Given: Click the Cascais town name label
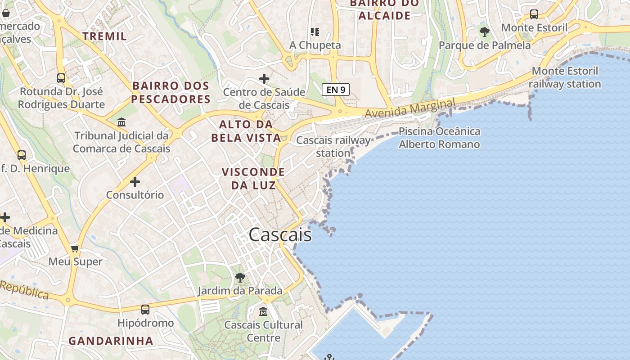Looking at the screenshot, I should [x=280, y=234].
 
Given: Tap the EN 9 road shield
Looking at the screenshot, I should [x=336, y=90].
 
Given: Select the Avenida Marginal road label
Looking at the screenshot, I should [x=409, y=109].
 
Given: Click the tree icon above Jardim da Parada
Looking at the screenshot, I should [x=240, y=277].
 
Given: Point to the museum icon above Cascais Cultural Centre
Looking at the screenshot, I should [x=263, y=311].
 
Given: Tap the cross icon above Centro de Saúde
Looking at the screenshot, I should [x=264, y=79].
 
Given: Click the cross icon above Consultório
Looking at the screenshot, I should [x=135, y=182].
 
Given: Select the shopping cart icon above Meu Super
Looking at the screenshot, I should [x=75, y=248].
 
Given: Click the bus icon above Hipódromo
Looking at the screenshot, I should [x=145, y=310].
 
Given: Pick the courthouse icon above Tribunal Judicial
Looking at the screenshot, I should [x=121, y=122].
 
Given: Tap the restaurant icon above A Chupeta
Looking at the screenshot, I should [x=315, y=31].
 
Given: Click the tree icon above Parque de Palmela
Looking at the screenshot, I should [x=485, y=32].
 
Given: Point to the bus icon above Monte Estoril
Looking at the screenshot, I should [x=534, y=14].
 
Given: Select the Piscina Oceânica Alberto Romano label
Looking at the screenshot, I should [x=439, y=138].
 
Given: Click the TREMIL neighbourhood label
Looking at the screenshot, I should [x=105, y=36].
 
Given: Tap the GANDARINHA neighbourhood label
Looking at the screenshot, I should [x=111, y=341].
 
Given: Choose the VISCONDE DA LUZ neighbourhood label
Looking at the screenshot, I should [x=253, y=178].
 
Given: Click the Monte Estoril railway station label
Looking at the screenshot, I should [x=565, y=77].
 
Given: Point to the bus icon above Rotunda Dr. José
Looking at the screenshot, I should [x=61, y=78].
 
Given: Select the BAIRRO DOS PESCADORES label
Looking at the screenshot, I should [x=171, y=92].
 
